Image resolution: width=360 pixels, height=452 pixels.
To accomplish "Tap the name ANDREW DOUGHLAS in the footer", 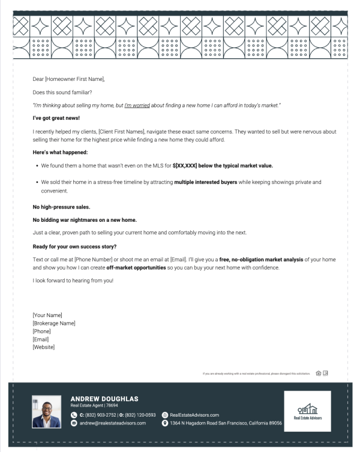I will (104, 399).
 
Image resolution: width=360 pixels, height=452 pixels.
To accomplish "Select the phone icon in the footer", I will (74, 415).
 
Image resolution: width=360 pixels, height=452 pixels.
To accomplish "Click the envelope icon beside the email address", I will (74, 423).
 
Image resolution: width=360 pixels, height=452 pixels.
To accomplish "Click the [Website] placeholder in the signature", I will (43, 347).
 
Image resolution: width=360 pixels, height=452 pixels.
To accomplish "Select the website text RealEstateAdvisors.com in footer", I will (194, 415).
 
